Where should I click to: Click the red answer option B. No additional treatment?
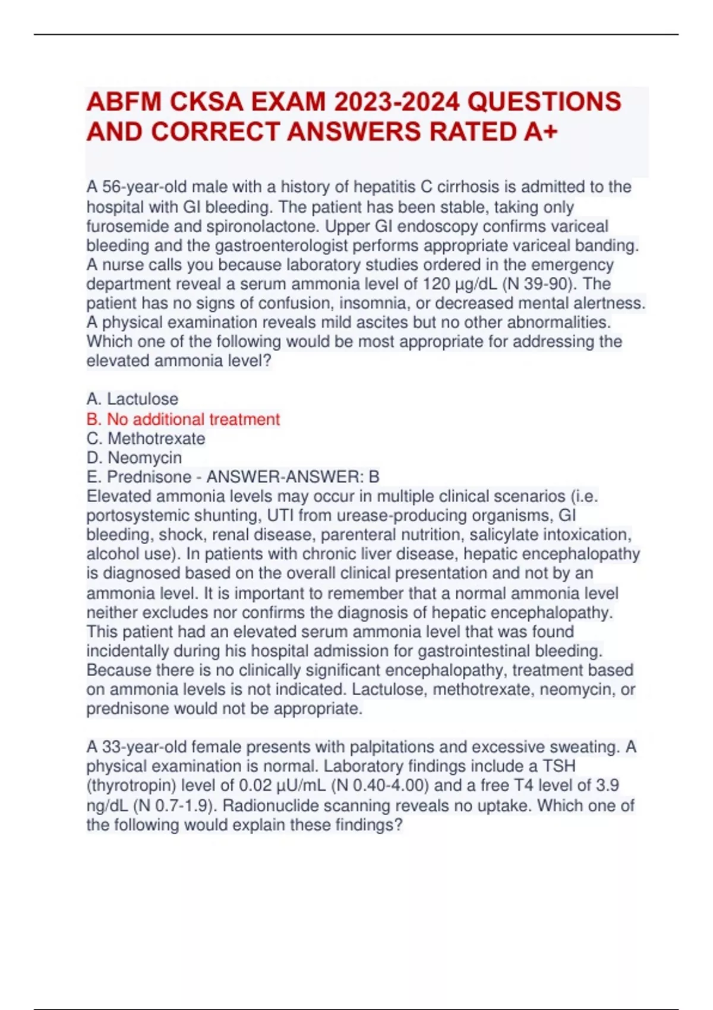click(x=183, y=419)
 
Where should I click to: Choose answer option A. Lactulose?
click(x=132, y=399)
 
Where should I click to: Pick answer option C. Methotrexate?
click(x=146, y=438)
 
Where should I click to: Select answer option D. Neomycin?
click(x=134, y=458)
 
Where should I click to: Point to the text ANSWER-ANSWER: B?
click(x=292, y=477)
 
